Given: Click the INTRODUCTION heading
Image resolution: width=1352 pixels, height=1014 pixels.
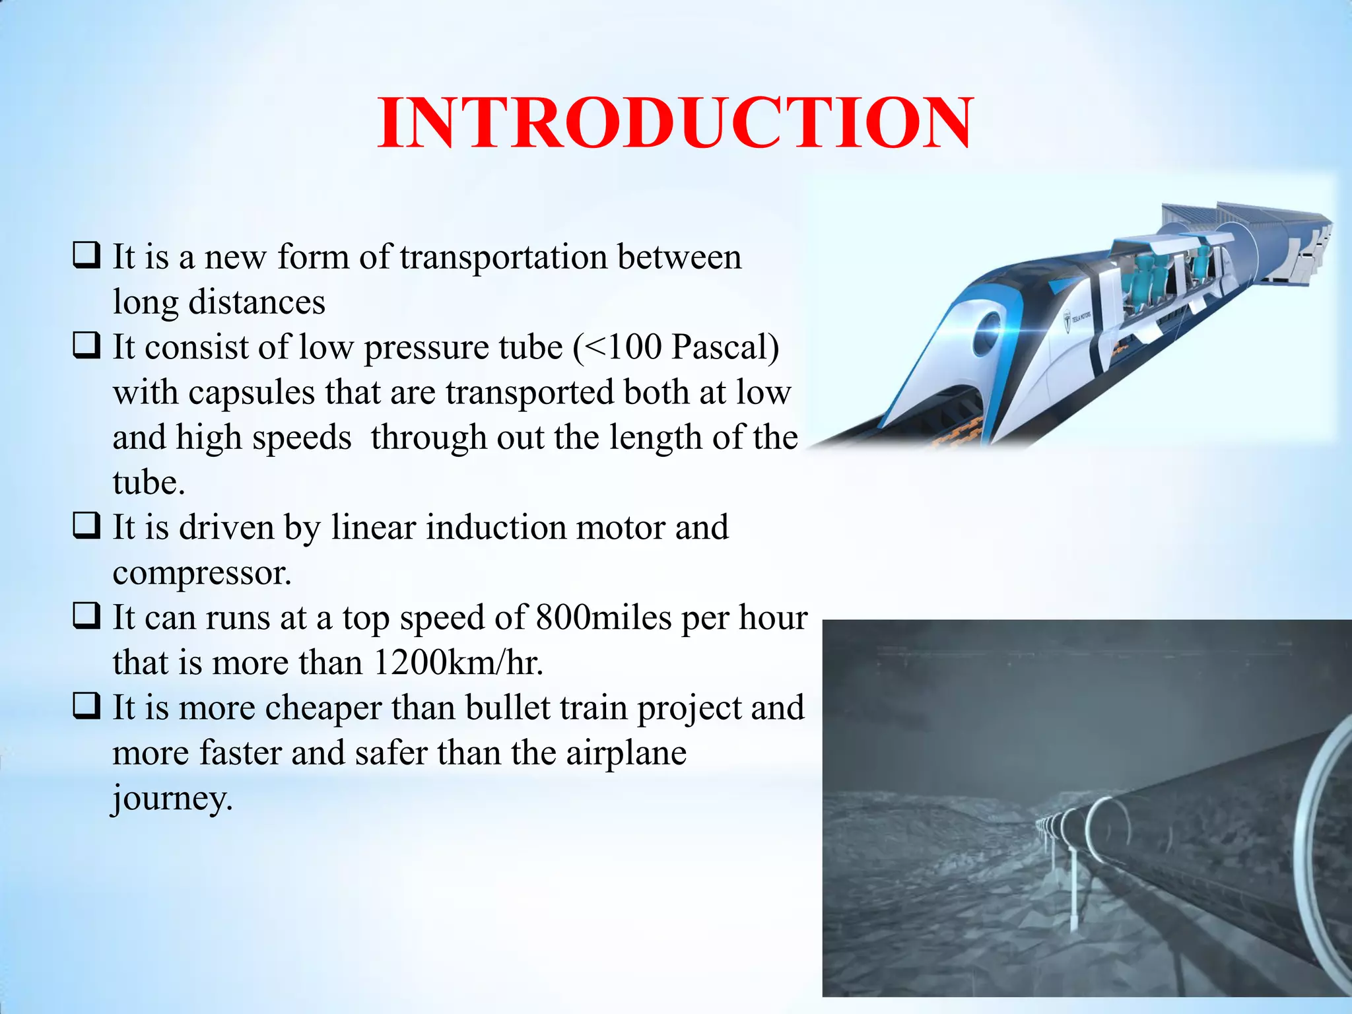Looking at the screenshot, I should (x=675, y=123).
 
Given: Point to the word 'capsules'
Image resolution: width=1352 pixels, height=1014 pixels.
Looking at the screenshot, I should (x=252, y=393).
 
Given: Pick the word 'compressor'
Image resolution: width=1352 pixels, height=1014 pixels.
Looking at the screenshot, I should (x=200, y=573).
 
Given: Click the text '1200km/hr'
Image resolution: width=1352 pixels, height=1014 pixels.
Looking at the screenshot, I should (x=456, y=663).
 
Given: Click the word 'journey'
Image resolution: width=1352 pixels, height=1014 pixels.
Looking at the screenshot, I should (x=170, y=799).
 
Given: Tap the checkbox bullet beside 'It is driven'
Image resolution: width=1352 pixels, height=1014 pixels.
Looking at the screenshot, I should (x=86, y=526).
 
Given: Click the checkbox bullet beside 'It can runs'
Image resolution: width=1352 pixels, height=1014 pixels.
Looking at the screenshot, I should (x=86, y=617).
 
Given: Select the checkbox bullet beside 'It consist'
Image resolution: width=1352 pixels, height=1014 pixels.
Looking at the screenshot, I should (x=86, y=346).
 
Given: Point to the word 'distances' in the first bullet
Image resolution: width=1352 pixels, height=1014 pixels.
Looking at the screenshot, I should (x=257, y=303).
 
